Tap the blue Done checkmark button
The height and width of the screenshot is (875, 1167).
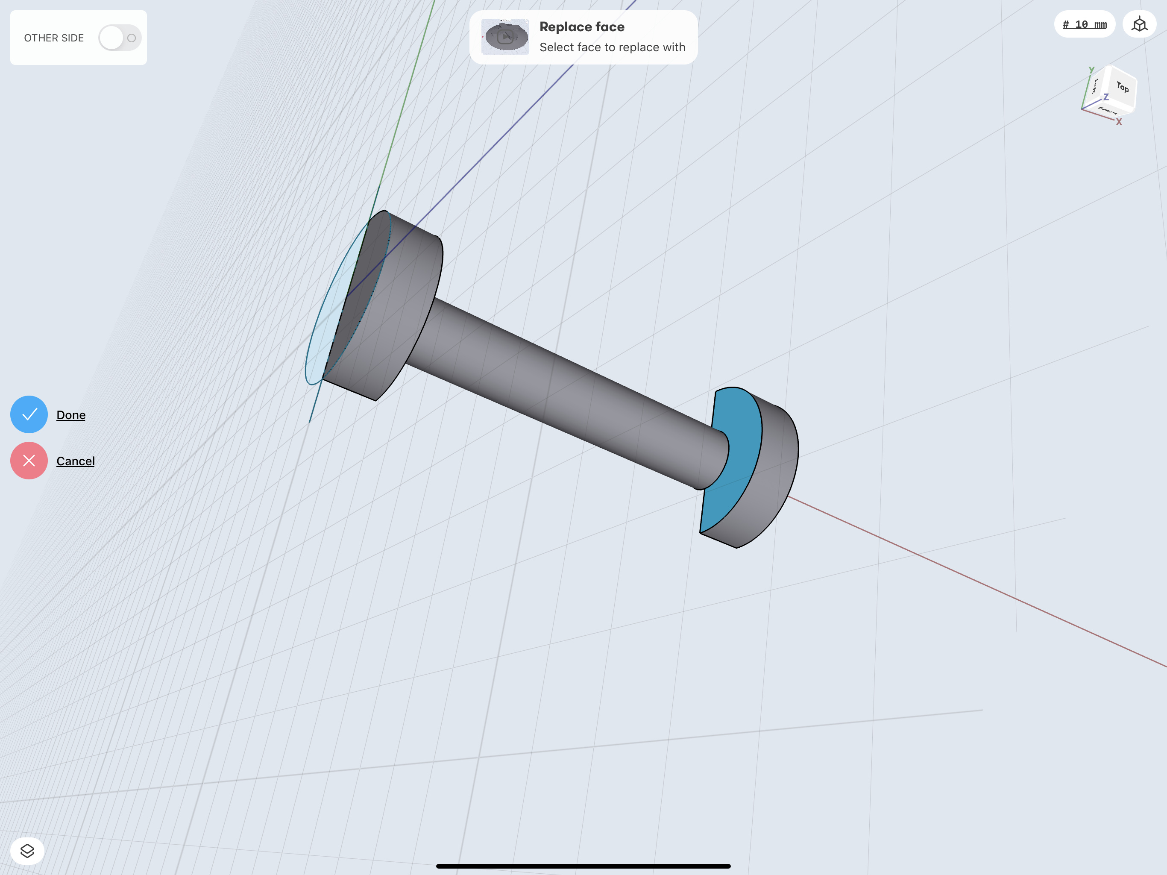click(x=29, y=414)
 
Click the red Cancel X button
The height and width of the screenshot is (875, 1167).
click(x=29, y=461)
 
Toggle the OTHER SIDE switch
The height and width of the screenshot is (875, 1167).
click(x=120, y=38)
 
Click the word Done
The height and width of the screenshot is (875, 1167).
click(x=71, y=415)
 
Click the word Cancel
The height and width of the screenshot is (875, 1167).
click(x=76, y=461)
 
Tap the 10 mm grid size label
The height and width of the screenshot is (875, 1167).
click(x=1085, y=24)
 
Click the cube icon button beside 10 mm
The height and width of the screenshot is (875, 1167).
click(x=1140, y=24)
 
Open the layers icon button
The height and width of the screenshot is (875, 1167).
click(x=27, y=851)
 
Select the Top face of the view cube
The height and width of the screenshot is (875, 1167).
click(x=1122, y=87)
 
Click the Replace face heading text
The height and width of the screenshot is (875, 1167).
click(x=582, y=27)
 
